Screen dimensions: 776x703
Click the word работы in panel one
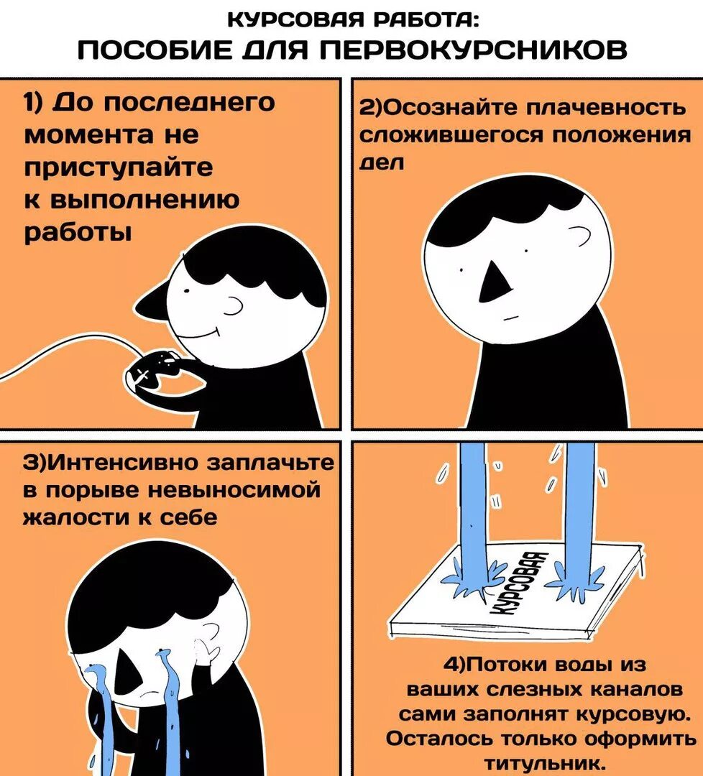78,232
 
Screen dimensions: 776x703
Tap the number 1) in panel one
37,103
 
